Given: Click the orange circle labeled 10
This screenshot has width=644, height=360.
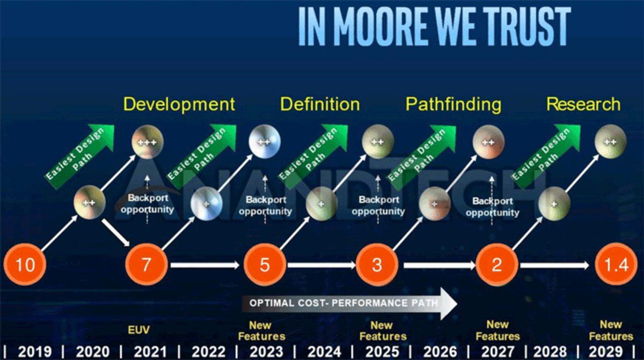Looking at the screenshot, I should (25, 265).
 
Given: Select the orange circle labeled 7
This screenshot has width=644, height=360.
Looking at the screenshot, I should (147, 265).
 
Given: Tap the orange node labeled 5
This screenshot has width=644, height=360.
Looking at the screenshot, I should (265, 265).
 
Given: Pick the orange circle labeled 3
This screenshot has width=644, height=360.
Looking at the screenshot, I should (377, 265).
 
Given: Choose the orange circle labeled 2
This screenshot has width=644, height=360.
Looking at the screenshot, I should (497, 265).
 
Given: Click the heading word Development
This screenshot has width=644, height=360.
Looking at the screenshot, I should (179, 104).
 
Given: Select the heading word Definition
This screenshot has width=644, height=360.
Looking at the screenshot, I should (320, 104).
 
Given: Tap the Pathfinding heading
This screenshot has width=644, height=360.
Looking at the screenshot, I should (453, 104).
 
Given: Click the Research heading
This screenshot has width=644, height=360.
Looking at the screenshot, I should (583, 104).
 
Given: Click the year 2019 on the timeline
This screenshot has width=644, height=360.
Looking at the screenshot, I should (35, 351).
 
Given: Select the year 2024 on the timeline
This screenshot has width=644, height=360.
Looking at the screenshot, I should (324, 351).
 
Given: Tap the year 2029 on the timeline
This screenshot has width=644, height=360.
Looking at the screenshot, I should (611, 351).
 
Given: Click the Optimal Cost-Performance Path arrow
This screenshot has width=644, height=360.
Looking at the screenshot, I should (349, 303).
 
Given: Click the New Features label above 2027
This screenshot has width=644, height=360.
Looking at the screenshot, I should (497, 330).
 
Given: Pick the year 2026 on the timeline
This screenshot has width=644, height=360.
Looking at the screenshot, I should (440, 351).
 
